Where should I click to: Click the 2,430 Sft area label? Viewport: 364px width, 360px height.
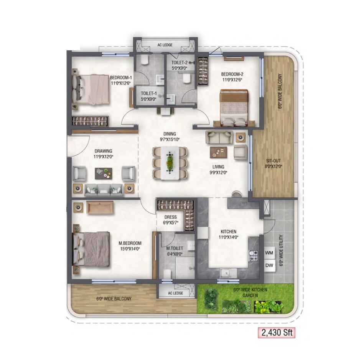[276, 332]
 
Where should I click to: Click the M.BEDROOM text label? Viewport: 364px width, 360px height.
[130, 243]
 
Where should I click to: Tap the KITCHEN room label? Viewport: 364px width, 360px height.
[228, 232]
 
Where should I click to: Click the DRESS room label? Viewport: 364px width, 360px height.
[170, 217]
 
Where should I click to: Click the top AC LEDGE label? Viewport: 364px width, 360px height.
[165, 45]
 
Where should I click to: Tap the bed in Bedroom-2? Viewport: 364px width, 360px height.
[234, 107]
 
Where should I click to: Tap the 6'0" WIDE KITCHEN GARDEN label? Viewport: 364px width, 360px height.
[250, 292]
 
